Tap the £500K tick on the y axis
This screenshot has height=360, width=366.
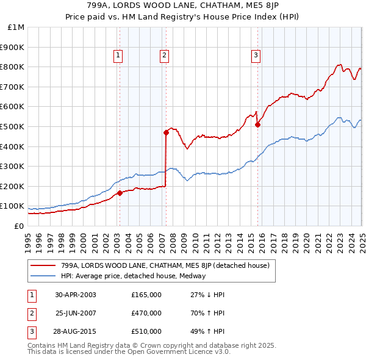click(x=13, y=126)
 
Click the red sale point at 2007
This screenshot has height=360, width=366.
click(x=166, y=132)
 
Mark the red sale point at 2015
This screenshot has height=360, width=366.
click(x=258, y=124)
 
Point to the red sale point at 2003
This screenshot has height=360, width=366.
click(x=120, y=193)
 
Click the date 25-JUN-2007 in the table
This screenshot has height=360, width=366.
click(x=76, y=313)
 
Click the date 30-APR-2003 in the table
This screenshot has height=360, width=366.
click(x=76, y=295)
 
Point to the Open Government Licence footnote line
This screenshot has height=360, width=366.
click(x=129, y=351)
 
